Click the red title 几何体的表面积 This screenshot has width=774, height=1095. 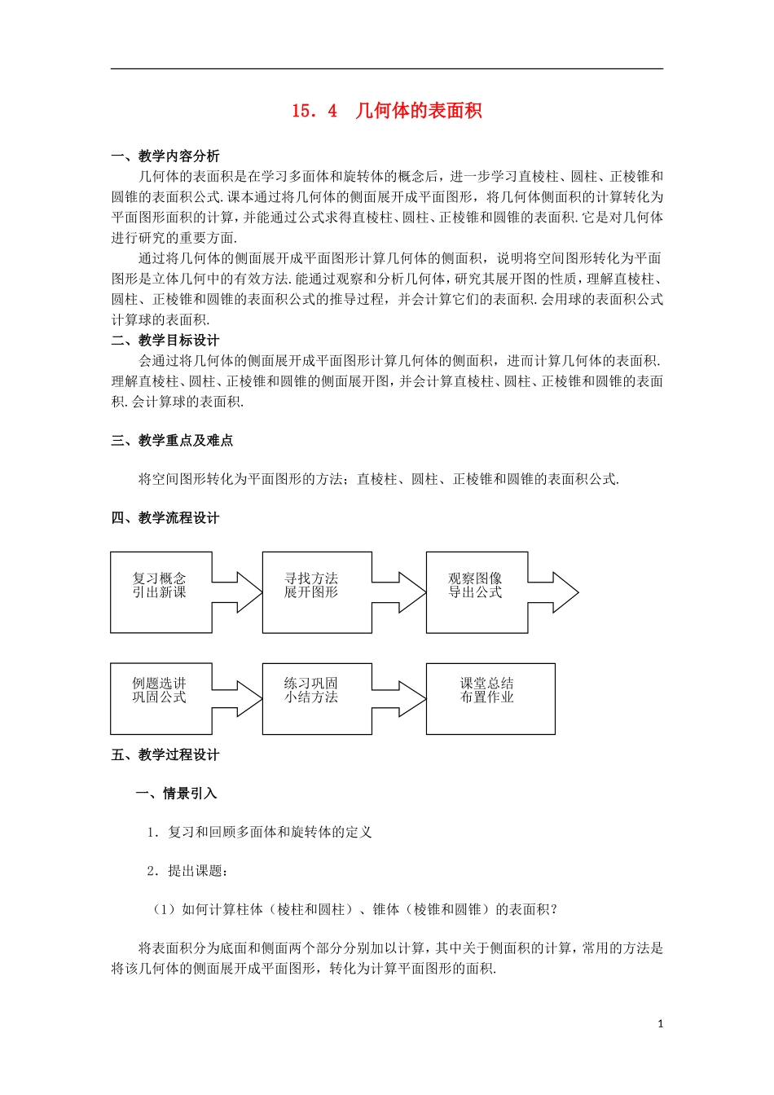tap(419, 111)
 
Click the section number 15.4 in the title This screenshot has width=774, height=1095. tap(314, 111)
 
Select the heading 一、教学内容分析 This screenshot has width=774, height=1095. tap(165, 156)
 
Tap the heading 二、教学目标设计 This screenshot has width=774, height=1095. tap(165, 341)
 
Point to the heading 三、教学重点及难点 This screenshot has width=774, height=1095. tap(172, 441)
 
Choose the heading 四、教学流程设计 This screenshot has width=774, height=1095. tap(165, 518)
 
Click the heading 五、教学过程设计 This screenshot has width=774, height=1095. tap(165, 755)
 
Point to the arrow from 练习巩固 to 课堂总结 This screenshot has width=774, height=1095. tap(400, 698)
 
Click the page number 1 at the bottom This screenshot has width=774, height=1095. tap(661, 1024)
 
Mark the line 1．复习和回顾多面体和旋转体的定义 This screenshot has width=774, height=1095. tap(259, 832)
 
